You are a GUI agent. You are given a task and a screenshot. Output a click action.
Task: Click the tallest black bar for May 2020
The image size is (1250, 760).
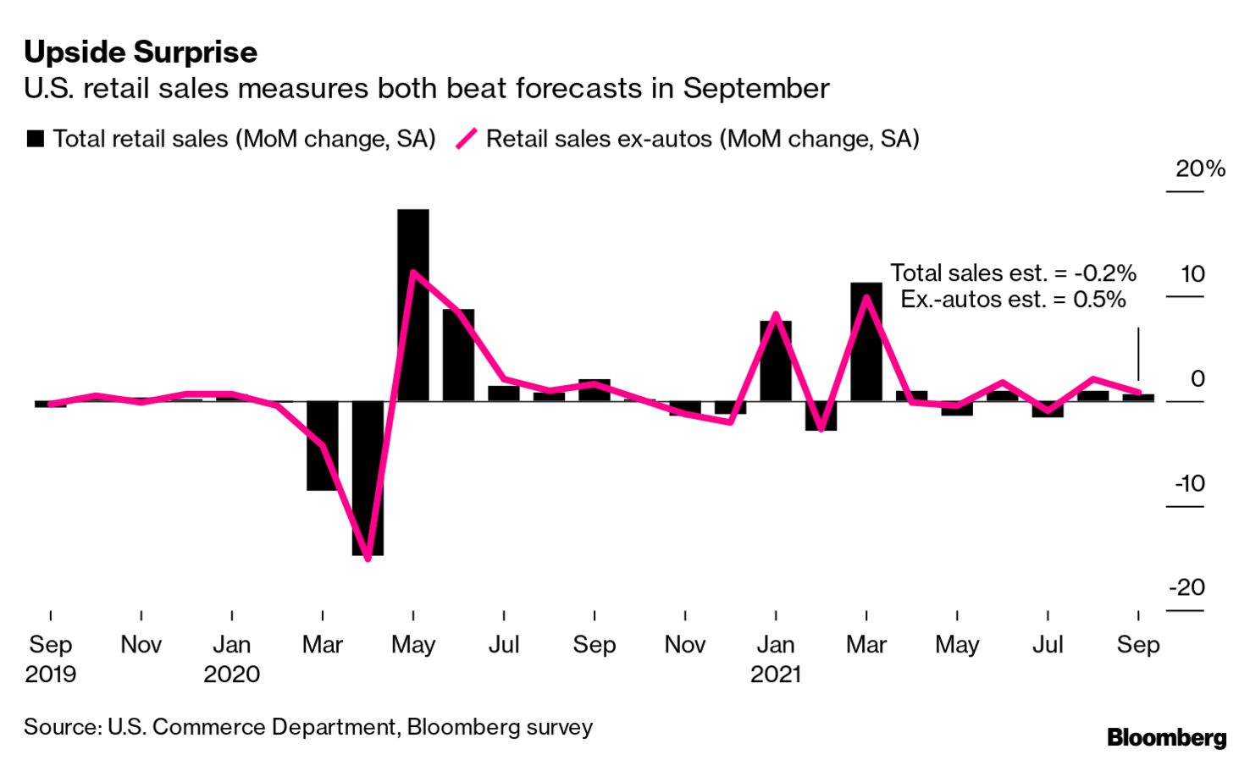[x=413, y=305]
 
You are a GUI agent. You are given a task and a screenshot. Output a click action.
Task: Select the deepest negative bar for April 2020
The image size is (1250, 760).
[x=368, y=478]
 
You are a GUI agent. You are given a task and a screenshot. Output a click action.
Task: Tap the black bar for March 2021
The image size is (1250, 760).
[x=866, y=342]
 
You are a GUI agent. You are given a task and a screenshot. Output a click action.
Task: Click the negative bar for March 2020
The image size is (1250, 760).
[x=322, y=446]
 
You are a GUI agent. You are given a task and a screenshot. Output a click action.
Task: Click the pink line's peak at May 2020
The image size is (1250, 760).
[x=412, y=273]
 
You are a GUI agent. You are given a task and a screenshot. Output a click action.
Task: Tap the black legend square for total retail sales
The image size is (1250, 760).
[x=36, y=139]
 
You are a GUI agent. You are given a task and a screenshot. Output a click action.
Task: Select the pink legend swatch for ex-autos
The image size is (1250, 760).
[x=467, y=139]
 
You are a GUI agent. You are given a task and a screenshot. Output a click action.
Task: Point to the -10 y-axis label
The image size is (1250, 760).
[x=1189, y=483]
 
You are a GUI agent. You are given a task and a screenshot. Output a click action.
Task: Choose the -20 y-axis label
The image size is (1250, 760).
[x=1186, y=587]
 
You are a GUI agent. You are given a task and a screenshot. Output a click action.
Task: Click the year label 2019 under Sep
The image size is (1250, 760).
[x=51, y=675]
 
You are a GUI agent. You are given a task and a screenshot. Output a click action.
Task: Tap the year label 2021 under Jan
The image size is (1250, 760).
[x=776, y=675]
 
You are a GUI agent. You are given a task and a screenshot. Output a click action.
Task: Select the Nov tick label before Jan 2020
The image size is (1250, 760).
[x=141, y=645]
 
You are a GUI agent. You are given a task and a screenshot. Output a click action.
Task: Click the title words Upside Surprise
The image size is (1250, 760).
[x=141, y=52]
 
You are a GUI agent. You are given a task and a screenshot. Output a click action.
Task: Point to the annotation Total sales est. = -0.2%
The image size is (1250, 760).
[x=1013, y=273]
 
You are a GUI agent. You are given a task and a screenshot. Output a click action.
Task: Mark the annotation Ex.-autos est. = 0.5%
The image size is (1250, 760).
[x=1013, y=300]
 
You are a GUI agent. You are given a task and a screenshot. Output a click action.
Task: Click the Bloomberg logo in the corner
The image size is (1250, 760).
[x=1166, y=738]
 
